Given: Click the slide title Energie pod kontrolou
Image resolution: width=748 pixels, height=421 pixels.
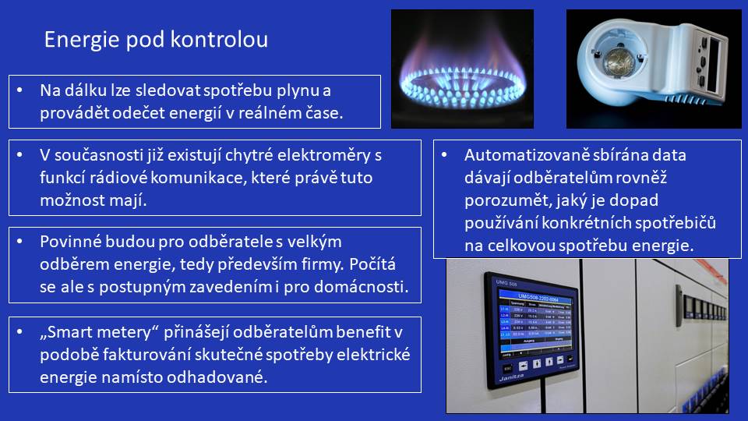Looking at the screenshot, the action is point(156,40).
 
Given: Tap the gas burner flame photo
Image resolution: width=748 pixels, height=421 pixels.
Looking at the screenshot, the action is point(462,69).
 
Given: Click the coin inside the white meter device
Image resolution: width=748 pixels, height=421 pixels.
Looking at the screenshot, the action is point(619,62).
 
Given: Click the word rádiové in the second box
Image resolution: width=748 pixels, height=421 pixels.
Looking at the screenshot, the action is point(118,178).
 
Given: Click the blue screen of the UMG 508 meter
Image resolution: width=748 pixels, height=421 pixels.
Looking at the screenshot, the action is point(535,322).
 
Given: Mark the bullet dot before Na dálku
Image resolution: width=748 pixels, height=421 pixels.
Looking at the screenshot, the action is point(19,90).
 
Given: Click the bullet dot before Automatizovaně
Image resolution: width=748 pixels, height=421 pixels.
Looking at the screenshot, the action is point(444,154).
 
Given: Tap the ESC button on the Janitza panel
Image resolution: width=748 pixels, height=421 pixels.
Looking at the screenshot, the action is point(508,368).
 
